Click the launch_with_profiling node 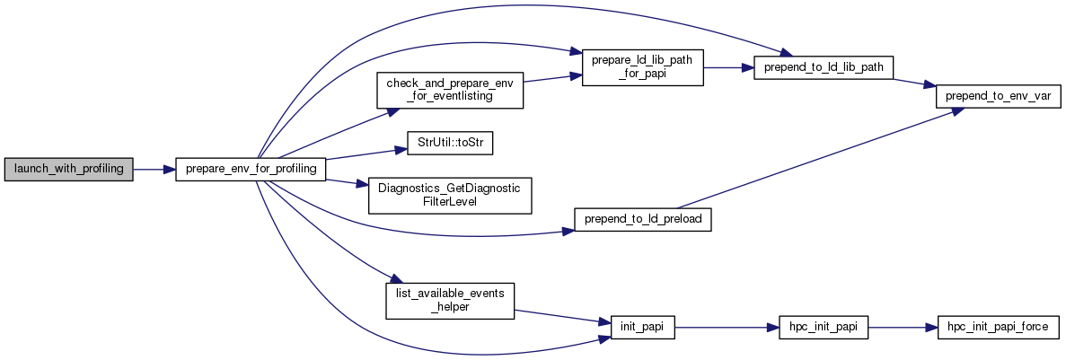coord(68,169)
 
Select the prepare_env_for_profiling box coord(250,169)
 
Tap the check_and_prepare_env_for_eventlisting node coord(449,90)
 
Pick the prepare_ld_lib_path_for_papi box coord(642,67)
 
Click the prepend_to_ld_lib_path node coord(822,67)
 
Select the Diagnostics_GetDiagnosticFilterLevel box coord(450,195)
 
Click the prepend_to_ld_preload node coord(642,219)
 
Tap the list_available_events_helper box coord(449,300)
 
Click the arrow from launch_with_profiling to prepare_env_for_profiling coord(154,169)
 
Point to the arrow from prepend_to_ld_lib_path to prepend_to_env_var coord(913,82)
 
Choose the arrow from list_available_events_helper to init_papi coord(561,316)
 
